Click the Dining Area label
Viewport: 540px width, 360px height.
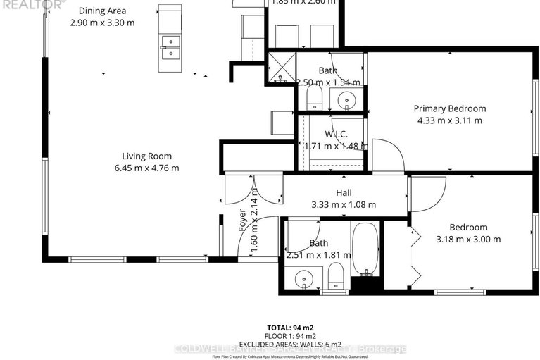pos(102,11)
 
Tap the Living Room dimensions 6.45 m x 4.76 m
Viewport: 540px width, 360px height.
pos(146,168)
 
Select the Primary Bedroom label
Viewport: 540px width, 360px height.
pos(449,108)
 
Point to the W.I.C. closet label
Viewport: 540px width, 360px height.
pos(337,134)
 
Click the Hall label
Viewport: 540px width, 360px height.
pos(344,192)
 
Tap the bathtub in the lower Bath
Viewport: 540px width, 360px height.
pos(365,249)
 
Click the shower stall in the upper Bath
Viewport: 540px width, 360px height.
pos(282,68)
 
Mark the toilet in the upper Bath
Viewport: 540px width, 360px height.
pos(315,97)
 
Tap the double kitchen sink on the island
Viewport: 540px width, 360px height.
pos(169,47)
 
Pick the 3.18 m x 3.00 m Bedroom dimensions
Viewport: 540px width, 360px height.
pos(468,239)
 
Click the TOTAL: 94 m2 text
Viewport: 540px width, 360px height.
pos(289,328)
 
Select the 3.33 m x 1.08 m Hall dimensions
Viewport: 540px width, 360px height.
pos(344,204)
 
